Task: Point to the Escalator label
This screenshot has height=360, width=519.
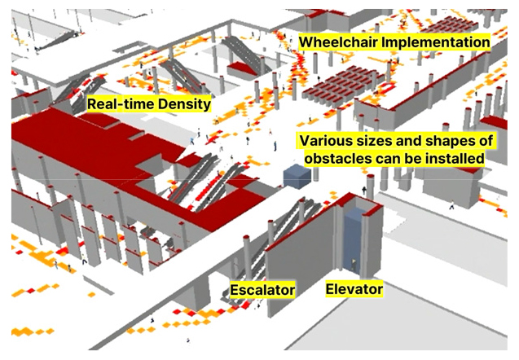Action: coord(262,290)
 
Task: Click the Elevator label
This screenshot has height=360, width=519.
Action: coord(354,289)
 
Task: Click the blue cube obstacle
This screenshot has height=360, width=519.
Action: coord(297,177)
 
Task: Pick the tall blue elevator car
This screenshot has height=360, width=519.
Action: coord(354,242)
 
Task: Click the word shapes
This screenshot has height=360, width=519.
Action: coord(448,141)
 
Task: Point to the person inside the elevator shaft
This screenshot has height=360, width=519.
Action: coord(354,266)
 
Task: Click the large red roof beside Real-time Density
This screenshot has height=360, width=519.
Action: coord(99,143)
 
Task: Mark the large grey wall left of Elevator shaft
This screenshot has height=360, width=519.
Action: coord(301,261)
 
